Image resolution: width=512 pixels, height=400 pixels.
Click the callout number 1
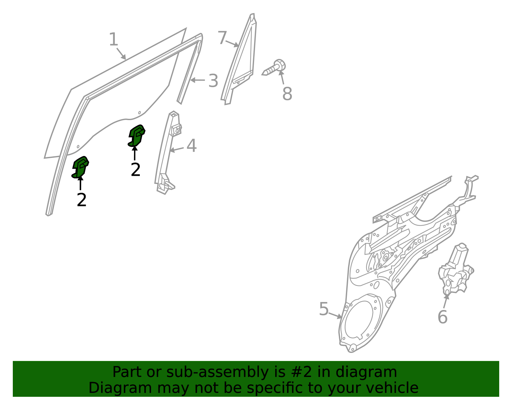pyautogui.click(x=113, y=39)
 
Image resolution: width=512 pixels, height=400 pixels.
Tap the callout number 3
pyautogui.click(x=213, y=81)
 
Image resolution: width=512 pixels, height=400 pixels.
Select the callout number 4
pyautogui.click(x=192, y=146)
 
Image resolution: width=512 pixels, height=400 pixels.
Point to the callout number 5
pyautogui.click(x=324, y=309)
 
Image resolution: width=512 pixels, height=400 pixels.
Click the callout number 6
pyautogui.click(x=442, y=317)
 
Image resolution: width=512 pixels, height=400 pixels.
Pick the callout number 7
pyautogui.click(x=222, y=37)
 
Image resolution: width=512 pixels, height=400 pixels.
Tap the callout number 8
pyautogui.click(x=287, y=94)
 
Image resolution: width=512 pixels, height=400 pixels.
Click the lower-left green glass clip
pyautogui.click(x=80, y=167)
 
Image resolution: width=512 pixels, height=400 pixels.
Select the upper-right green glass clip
pyautogui.click(x=136, y=136)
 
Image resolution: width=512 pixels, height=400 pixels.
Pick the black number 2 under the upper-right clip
pyautogui.click(x=136, y=169)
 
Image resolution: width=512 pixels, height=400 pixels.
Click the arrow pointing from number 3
pyautogui.click(x=197, y=80)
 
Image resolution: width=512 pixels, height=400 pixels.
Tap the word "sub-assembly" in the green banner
pyautogui.click(x=217, y=372)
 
